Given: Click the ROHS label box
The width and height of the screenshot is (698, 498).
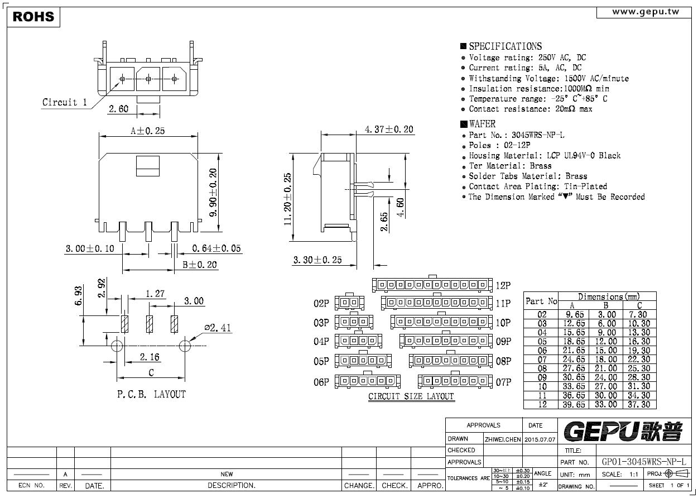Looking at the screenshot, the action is coord(33,17).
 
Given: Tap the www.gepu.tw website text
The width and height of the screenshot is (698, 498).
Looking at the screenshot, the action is coord(646,12).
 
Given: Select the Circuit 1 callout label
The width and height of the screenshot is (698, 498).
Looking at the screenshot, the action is coord(65,102).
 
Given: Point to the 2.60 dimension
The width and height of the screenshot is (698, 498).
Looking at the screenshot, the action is coord(118,109).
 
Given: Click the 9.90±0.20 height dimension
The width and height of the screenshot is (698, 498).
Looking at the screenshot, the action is coord(213,193).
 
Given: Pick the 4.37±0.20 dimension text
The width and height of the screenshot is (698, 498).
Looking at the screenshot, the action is coord(389,129).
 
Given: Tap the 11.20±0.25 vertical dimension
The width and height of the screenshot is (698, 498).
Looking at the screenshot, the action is coord(287,199).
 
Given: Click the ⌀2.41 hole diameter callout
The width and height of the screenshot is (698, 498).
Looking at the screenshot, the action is coord(218,327).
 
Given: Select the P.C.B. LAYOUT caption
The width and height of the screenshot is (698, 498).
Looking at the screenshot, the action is coord(151,394).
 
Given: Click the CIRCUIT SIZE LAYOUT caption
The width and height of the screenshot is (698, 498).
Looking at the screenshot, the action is coord(411,396).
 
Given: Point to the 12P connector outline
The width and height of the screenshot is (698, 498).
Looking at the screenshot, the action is coord(432,284).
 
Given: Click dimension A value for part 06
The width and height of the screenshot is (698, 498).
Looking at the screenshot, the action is coord(574,351).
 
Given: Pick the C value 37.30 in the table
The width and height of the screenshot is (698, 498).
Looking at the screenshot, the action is coord(639,404).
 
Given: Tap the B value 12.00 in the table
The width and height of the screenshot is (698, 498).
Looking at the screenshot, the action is coord(606,342).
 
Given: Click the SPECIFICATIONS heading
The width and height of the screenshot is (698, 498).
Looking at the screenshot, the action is coord(505,46).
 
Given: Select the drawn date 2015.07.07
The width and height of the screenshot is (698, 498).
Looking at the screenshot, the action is coord(540,439).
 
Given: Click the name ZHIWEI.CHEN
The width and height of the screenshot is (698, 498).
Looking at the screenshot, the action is coord(503,439).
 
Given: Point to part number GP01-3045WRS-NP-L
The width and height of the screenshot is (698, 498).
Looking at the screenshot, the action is coord(644,462).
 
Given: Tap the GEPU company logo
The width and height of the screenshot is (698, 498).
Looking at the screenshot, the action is coord(623,432).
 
